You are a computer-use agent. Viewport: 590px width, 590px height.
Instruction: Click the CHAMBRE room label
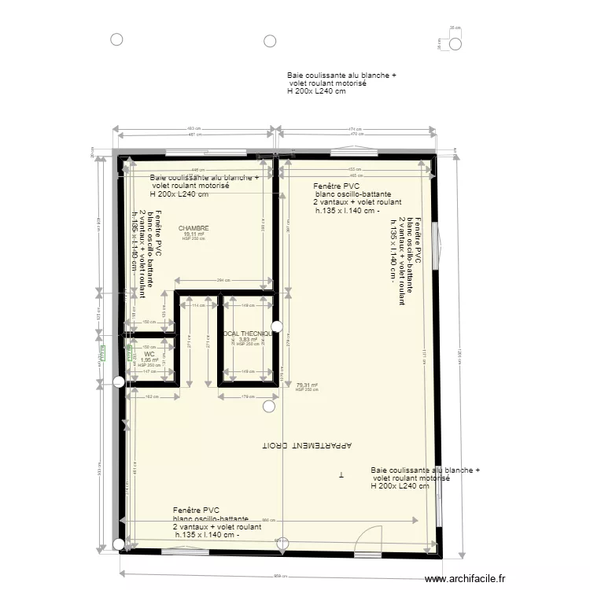pyautogui.click(x=194, y=228)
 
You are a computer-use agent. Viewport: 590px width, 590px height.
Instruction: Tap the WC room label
pyautogui.click(x=149, y=355)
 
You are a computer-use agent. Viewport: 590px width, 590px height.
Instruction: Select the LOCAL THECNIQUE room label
pyautogui.click(x=248, y=334)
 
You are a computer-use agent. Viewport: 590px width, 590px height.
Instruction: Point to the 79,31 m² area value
pyautogui.click(x=306, y=385)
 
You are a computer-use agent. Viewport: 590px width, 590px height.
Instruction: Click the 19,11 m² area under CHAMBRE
pyautogui.click(x=194, y=234)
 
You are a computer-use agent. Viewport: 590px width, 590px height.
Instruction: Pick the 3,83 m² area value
pyautogui.click(x=248, y=340)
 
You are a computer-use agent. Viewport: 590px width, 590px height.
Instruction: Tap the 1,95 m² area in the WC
pyautogui.click(x=149, y=360)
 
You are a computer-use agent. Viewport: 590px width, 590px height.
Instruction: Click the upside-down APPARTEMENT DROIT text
pyautogui.click(x=308, y=446)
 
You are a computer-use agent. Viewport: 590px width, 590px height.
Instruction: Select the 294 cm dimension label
pyautogui.click(x=223, y=280)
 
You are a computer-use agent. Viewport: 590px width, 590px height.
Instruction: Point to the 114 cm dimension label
pyautogui.click(x=195, y=306)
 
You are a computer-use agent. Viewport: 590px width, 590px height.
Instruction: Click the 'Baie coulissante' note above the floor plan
pyautogui.click(x=341, y=83)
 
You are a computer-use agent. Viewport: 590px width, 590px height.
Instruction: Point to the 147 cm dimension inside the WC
pyautogui.click(x=149, y=371)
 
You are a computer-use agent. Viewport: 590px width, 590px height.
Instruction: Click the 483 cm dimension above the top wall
pyautogui.click(x=192, y=128)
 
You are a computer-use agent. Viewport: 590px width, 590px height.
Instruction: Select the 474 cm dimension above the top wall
pyautogui.click(x=355, y=128)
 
